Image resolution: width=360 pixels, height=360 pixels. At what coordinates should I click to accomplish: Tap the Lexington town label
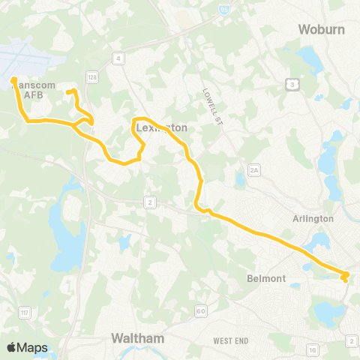[x=162, y=128]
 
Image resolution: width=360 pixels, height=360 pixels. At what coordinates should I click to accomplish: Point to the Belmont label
[x=266, y=278]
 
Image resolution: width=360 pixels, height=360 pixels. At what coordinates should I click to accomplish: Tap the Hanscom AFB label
[x=31, y=90]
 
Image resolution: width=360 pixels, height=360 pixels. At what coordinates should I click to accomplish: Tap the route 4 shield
[x=118, y=58]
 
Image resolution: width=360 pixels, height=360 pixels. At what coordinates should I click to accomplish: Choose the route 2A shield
[x=253, y=171]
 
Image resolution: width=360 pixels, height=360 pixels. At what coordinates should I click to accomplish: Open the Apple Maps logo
[x=27, y=347]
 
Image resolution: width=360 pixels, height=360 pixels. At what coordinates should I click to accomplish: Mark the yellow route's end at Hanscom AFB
[x=13, y=78]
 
